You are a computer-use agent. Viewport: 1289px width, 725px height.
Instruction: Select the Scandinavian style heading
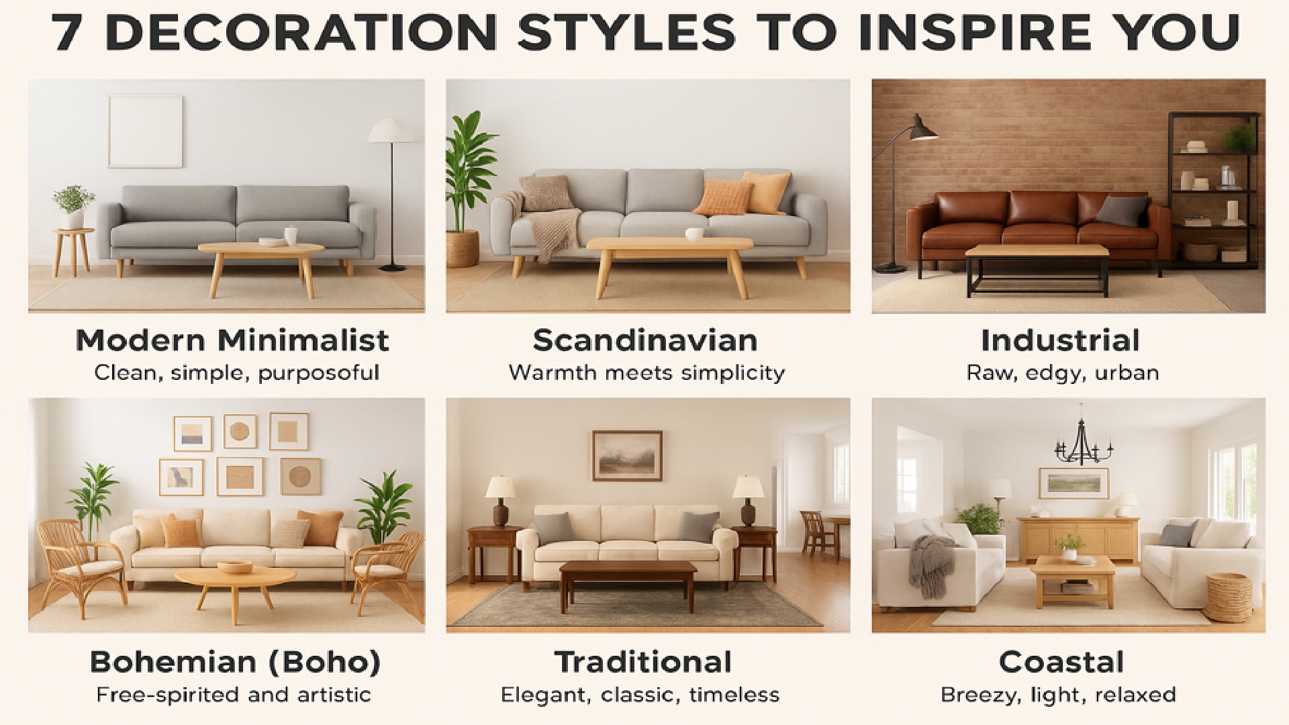(645, 340)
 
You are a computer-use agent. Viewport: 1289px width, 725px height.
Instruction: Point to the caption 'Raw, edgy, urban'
(1062, 373)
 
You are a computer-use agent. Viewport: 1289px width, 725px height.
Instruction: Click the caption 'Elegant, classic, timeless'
(640, 694)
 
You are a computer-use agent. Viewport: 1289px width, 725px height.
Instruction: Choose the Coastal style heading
(1061, 662)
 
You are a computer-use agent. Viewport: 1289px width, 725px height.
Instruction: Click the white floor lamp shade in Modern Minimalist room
(393, 130)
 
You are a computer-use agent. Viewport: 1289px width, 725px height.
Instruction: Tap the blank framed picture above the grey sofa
(145, 131)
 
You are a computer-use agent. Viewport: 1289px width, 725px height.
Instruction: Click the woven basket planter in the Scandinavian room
(463, 248)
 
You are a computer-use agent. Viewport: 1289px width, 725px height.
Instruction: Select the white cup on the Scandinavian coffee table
(694, 234)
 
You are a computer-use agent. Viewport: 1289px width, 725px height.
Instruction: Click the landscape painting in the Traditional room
(627, 456)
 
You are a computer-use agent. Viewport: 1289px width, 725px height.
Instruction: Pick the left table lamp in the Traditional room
(499, 501)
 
